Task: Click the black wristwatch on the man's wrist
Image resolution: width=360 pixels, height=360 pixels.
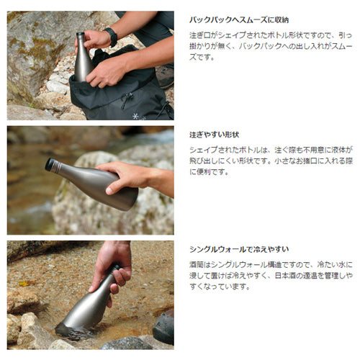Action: click(x=111, y=37)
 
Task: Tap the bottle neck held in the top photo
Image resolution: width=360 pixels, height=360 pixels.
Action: click(x=80, y=41)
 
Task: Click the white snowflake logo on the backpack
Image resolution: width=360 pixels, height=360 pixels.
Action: click(x=136, y=117)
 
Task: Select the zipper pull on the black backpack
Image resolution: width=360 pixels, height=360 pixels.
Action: click(x=125, y=99)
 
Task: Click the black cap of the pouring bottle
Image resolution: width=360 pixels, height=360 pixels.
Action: click(x=50, y=164)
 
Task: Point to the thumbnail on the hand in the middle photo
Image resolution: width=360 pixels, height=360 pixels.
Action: click(x=109, y=190)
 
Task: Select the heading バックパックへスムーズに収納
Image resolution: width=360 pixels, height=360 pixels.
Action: click(x=239, y=20)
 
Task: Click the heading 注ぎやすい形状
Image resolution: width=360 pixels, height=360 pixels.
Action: click(x=214, y=135)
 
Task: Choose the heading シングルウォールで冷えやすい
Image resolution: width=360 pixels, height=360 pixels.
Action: click(x=239, y=249)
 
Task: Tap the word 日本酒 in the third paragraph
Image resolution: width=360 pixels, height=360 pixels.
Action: click(x=285, y=276)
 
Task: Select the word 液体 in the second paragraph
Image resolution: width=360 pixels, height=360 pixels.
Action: click(x=338, y=150)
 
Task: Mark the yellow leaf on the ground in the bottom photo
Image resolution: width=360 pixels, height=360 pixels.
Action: click(x=24, y=284)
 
